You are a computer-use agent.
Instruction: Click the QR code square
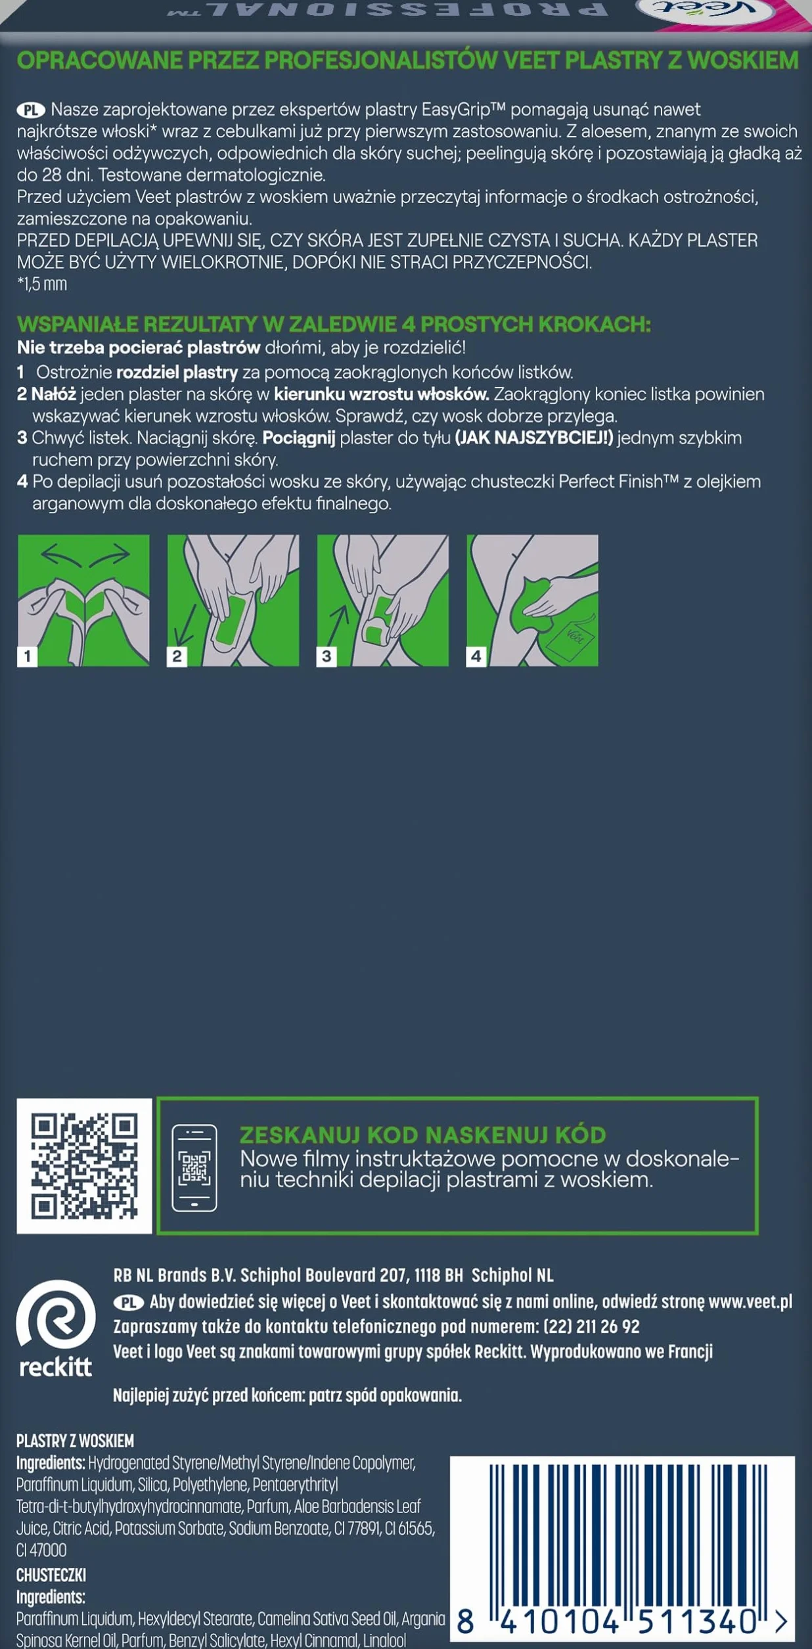(x=84, y=1165)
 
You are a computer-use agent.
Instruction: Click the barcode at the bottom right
(x=623, y=1552)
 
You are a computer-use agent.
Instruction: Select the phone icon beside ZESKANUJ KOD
(x=194, y=1167)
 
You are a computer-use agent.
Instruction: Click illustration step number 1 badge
(x=27, y=655)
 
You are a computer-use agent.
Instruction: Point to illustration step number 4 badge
(x=476, y=655)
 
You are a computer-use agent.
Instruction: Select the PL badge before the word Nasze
(x=31, y=110)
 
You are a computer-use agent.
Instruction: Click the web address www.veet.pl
(x=750, y=1301)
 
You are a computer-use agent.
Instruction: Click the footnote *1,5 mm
(x=42, y=284)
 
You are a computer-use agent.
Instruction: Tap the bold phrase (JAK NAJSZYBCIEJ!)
(x=534, y=438)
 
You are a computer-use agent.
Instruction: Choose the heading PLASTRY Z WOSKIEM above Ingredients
(x=75, y=1441)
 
